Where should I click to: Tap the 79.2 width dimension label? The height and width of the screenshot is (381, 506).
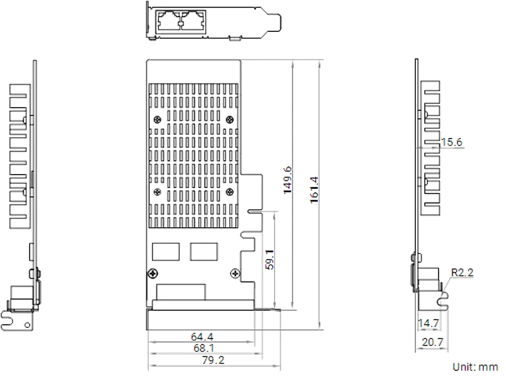click(x=213, y=360)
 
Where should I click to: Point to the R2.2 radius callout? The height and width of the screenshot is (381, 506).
click(x=462, y=273)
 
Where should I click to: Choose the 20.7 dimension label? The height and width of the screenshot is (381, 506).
click(x=432, y=342)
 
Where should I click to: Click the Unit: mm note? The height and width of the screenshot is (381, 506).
click(x=476, y=367)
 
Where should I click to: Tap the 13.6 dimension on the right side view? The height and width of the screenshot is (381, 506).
click(x=452, y=143)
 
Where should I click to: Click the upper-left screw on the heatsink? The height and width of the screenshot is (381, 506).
click(x=157, y=120)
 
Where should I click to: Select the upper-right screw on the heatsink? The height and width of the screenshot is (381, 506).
click(x=230, y=120)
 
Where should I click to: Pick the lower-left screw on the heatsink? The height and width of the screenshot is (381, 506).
click(x=157, y=192)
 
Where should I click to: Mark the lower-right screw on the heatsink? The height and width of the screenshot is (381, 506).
click(x=230, y=192)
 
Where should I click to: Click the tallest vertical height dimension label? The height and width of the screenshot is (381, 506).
click(x=314, y=190)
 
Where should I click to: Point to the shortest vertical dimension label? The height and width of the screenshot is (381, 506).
click(x=270, y=258)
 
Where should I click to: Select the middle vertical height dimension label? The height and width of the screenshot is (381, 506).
click(x=287, y=180)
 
